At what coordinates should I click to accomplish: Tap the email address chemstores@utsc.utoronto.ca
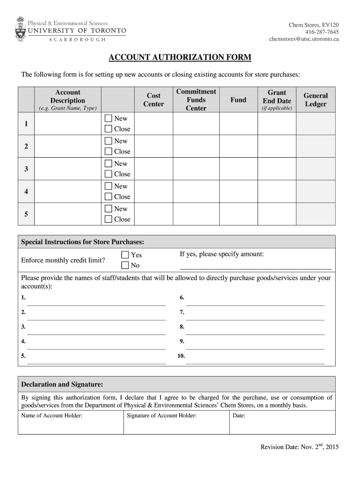point(304,39)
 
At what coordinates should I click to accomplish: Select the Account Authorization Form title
point(180,58)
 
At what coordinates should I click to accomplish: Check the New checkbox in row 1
point(108,118)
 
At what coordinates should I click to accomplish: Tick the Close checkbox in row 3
point(108,174)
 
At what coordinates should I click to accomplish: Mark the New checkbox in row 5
point(108,209)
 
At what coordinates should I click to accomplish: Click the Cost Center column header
point(153,100)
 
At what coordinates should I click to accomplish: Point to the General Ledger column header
point(316,100)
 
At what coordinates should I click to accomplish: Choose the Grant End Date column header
point(277,100)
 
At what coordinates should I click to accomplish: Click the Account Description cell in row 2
point(68,146)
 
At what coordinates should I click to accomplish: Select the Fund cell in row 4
point(238,192)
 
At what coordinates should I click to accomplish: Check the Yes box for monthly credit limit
point(125,255)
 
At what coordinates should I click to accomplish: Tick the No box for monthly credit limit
point(125,266)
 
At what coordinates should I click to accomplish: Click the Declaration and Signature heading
point(62,384)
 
